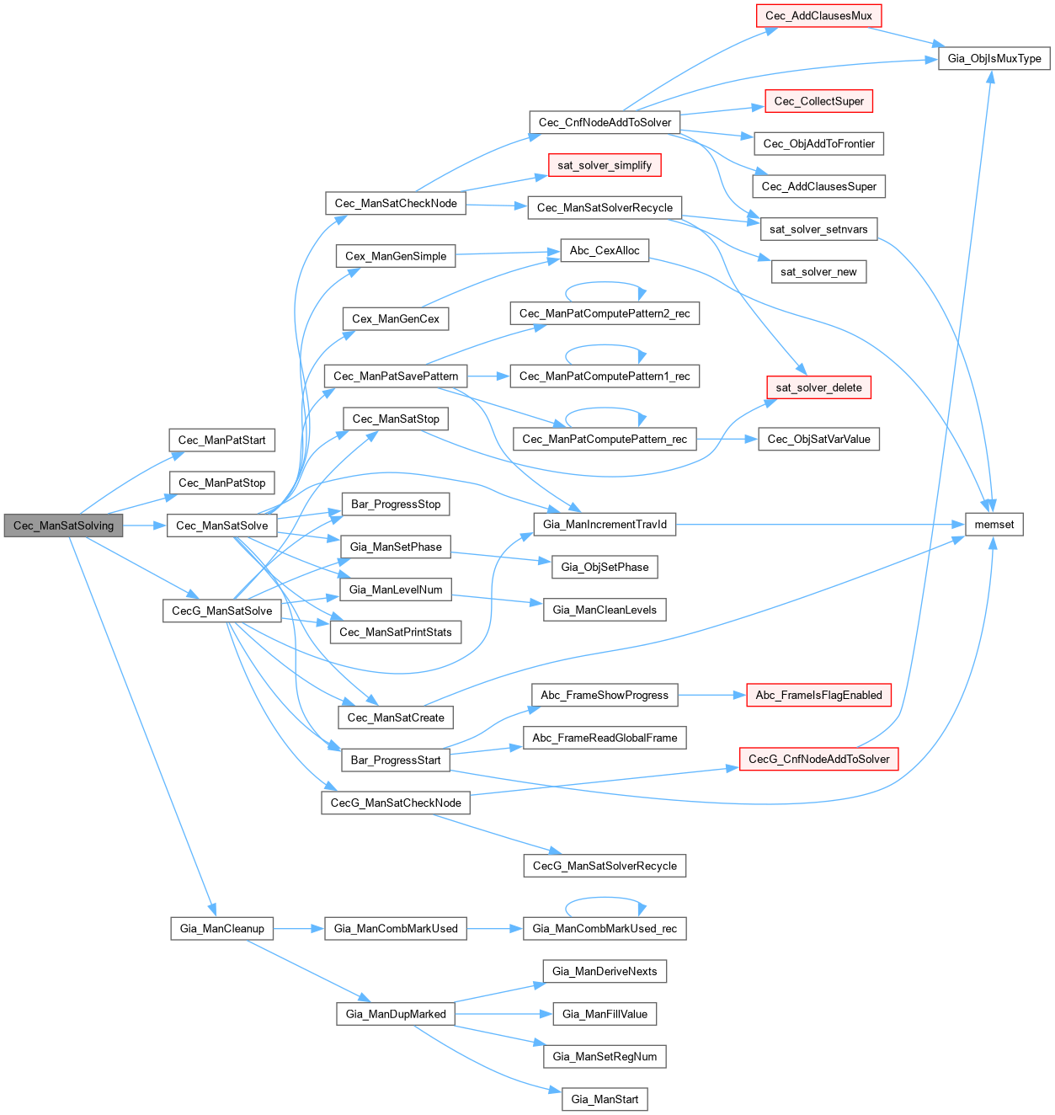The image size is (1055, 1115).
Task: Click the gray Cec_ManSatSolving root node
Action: pos(63,525)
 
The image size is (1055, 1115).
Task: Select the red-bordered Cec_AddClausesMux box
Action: pos(818,16)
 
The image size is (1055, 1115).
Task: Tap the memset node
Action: pos(994,525)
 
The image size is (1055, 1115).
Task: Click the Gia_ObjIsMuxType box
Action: pos(994,58)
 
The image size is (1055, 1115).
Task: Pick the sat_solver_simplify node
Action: pos(605,165)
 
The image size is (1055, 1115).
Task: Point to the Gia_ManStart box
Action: pos(605,1099)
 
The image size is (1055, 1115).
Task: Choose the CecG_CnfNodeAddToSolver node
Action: pos(818,759)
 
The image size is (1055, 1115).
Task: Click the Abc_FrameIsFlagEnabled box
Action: pos(818,695)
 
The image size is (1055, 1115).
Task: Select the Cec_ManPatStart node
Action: pos(221,440)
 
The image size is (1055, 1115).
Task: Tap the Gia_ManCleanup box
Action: pos(221,928)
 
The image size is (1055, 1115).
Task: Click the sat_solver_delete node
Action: pos(818,387)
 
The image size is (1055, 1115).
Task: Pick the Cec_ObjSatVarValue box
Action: pos(818,439)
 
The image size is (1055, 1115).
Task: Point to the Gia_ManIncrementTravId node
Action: pos(605,525)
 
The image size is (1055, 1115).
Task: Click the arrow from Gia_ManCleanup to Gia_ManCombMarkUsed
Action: pos(299,928)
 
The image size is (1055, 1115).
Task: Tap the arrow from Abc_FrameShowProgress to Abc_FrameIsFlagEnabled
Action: pos(712,695)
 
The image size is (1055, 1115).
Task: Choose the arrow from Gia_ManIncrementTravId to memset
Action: pos(821,525)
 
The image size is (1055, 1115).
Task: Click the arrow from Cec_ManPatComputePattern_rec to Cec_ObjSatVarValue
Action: pos(727,439)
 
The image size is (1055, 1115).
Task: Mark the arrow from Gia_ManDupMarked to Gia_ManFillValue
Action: pos(504,1014)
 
